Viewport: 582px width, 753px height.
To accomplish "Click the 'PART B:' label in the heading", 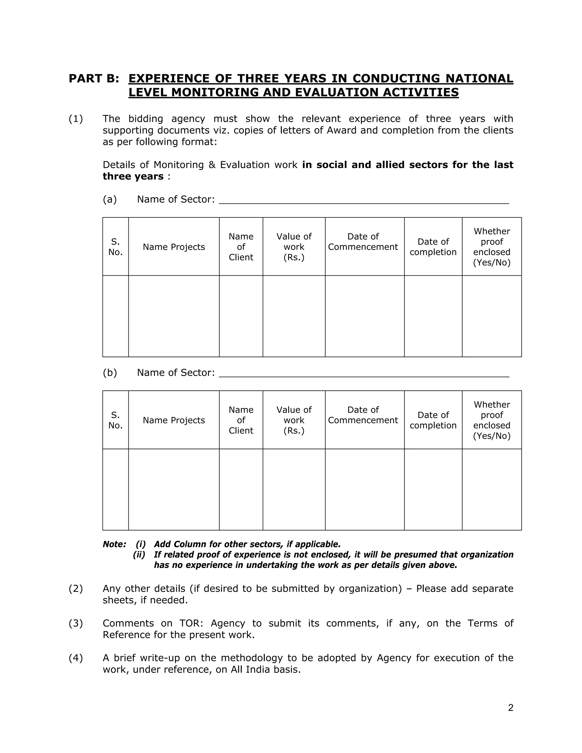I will (94, 79).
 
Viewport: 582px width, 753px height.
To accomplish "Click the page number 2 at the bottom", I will (511, 708).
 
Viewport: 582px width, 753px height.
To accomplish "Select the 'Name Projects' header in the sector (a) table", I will (174, 247).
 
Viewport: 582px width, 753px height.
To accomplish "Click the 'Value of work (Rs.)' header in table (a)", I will (294, 247).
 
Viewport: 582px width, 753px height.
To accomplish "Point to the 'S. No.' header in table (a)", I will (115, 247).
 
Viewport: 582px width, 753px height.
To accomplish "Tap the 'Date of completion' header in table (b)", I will (433, 420).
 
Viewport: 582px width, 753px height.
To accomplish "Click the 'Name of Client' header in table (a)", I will (241, 247).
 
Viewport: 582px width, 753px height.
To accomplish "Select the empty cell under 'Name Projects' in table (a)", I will (174, 316).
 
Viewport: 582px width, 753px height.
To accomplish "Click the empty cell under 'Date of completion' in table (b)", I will (433, 490).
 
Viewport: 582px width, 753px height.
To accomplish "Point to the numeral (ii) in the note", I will (139, 555).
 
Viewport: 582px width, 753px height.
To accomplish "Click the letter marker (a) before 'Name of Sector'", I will (110, 199).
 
